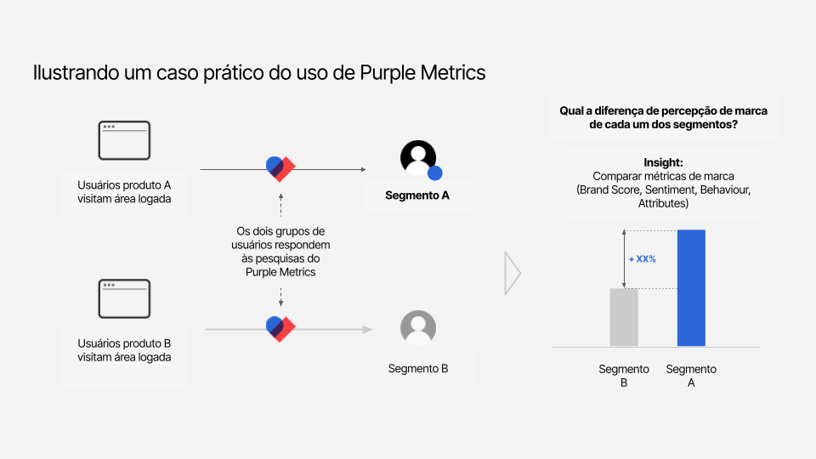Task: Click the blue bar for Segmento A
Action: click(x=691, y=288)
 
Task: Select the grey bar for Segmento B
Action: click(x=624, y=317)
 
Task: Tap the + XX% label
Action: click(x=643, y=259)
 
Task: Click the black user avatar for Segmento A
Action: click(x=418, y=158)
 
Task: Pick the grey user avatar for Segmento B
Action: click(x=418, y=328)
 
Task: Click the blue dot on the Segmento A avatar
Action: click(x=435, y=173)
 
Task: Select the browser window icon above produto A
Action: click(x=124, y=140)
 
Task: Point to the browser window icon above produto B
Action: click(x=124, y=298)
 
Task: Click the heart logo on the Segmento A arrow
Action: click(x=280, y=168)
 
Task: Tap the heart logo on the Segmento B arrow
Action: click(x=280, y=329)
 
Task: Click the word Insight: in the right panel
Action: click(x=663, y=163)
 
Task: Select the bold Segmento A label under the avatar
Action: click(x=417, y=195)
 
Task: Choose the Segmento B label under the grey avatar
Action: click(x=418, y=368)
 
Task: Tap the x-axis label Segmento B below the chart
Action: click(x=624, y=376)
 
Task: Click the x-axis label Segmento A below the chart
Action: click(x=691, y=376)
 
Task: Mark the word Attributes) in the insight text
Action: click(x=663, y=203)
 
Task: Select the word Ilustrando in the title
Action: click(x=76, y=73)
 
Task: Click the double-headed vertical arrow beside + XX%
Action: click(x=624, y=259)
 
